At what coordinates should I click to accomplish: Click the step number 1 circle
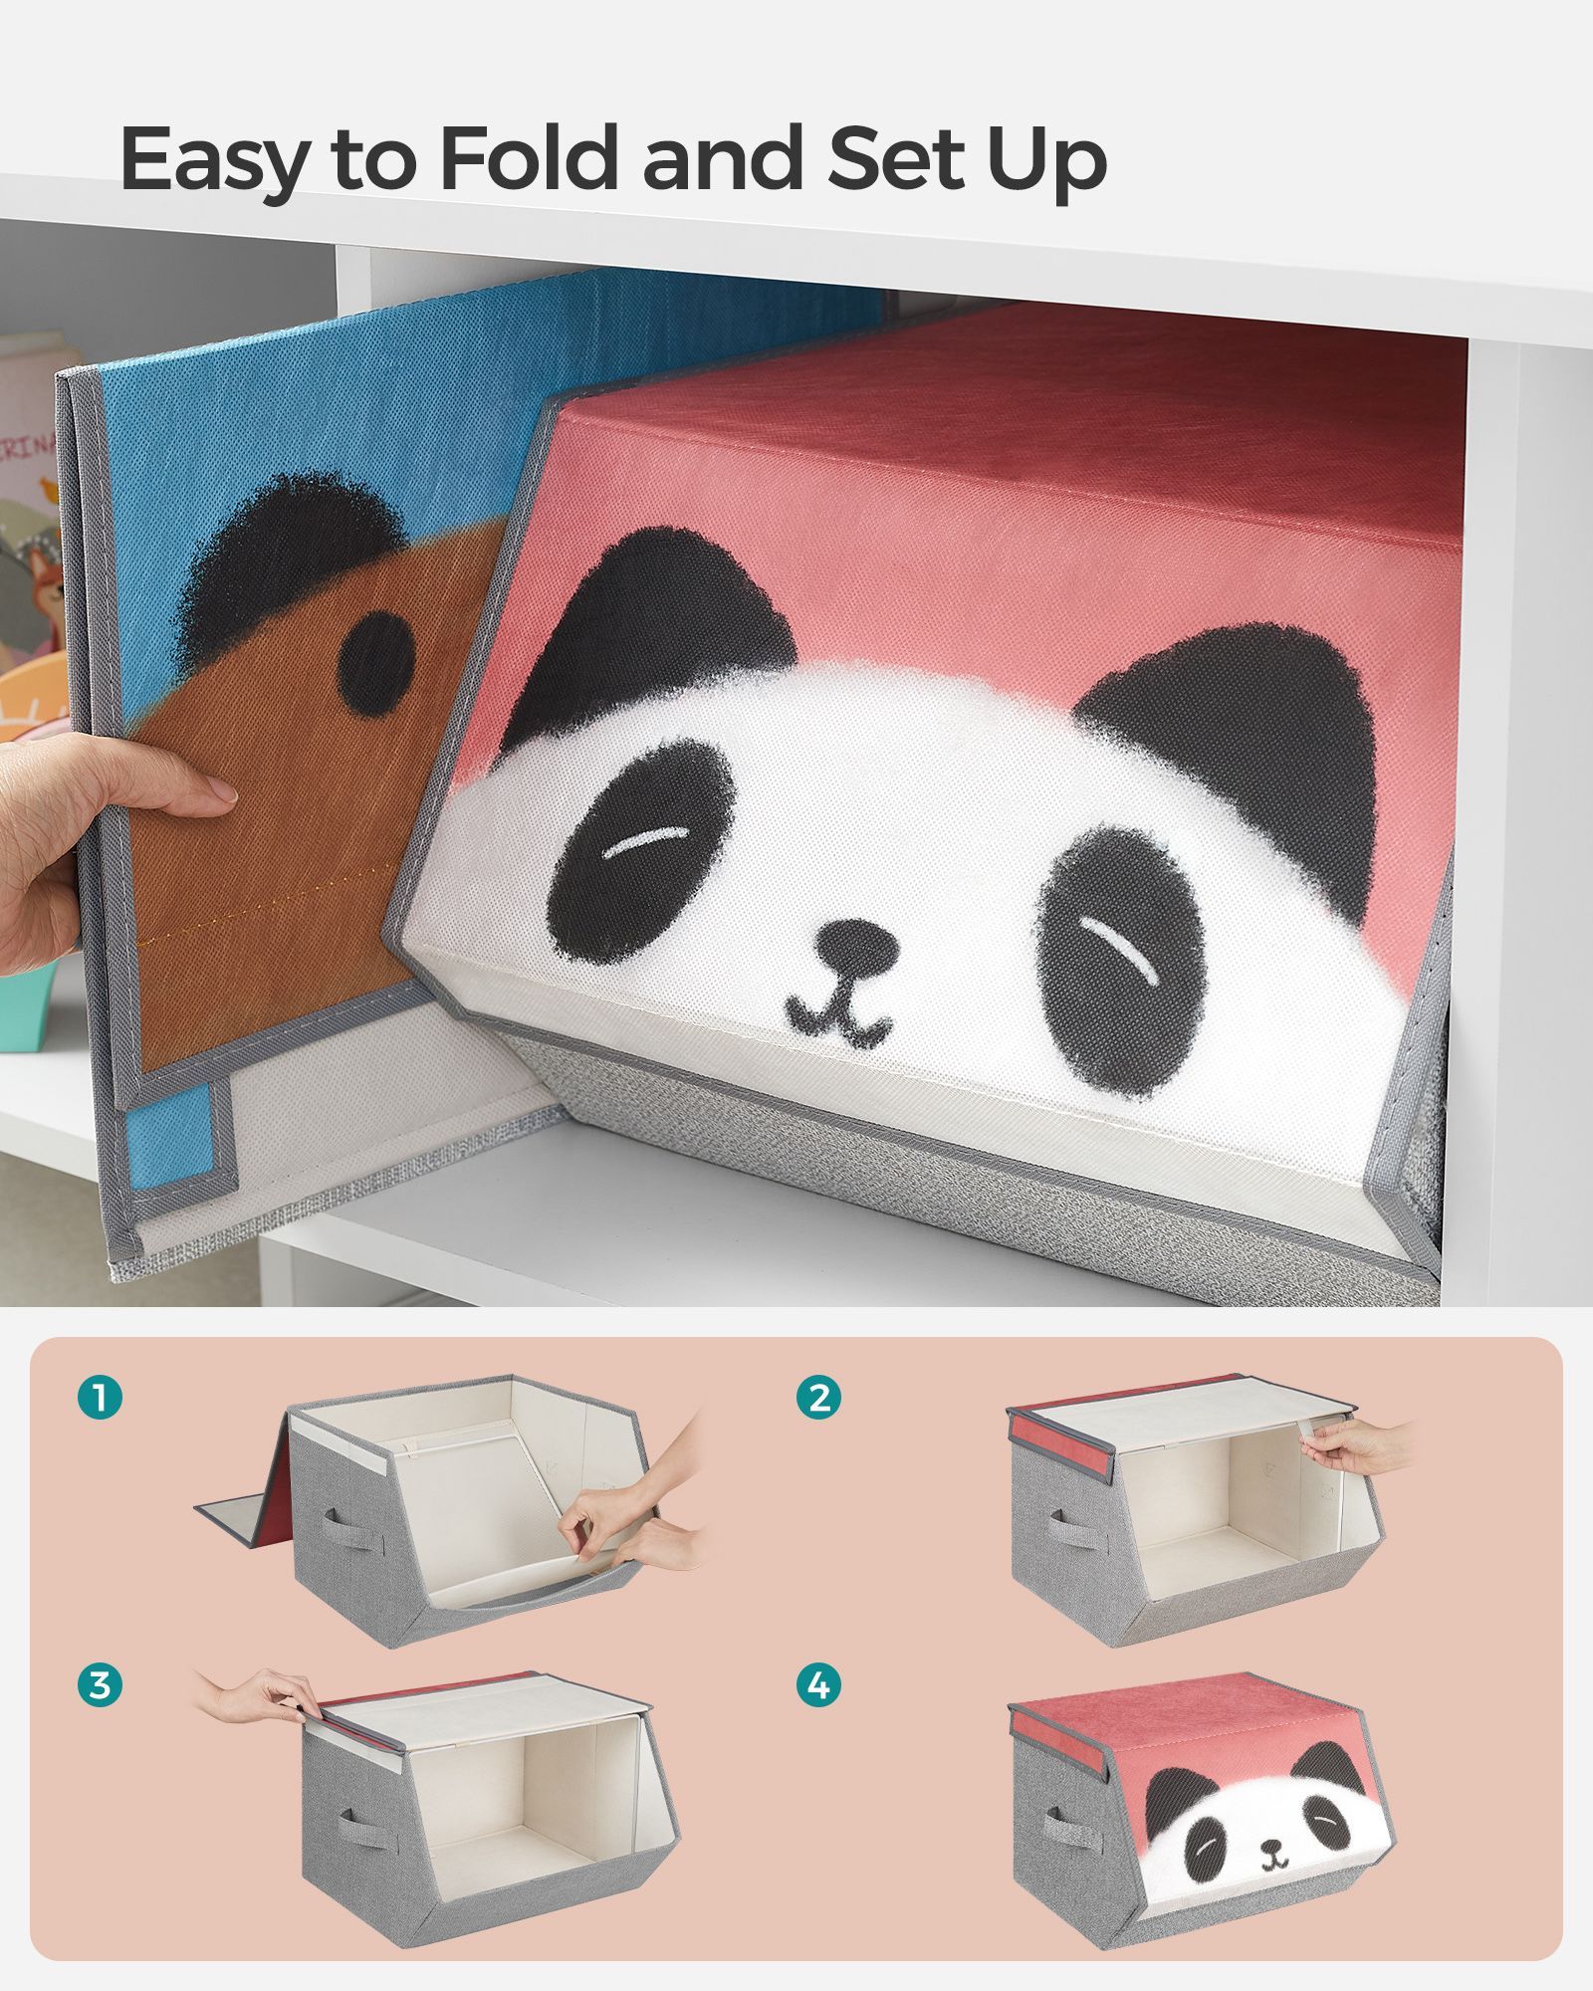coord(100,1398)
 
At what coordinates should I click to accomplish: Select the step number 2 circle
coord(819,1398)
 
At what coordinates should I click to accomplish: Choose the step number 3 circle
coord(100,1685)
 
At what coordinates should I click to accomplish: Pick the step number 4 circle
coord(819,1685)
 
